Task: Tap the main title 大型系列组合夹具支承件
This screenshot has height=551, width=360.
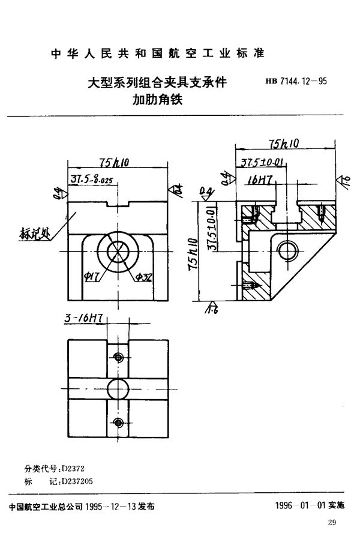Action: (157, 83)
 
